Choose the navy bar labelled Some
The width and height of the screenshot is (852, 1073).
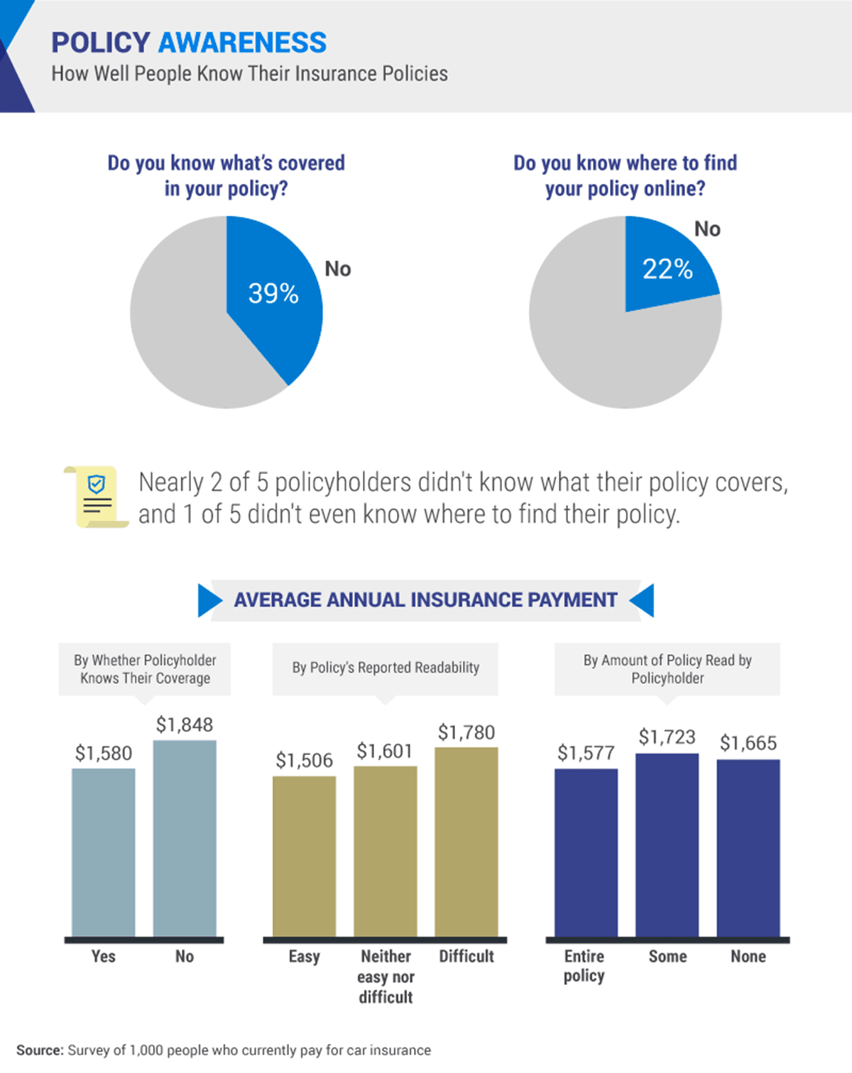coord(667,845)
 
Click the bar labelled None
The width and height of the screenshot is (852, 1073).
coord(748,848)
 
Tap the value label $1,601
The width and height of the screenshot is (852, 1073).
coord(384,751)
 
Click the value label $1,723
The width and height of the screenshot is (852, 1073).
coord(667,737)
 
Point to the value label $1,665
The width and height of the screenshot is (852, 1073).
coord(748,743)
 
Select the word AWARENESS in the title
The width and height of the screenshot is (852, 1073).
coord(242,43)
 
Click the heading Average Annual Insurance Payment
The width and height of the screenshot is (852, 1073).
coord(425,600)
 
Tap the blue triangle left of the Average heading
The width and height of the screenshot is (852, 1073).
coord(208,600)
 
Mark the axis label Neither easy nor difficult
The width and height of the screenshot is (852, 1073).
coord(386,976)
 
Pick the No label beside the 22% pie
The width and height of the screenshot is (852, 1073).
coord(707,229)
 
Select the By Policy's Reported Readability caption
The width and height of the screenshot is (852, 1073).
coord(386,668)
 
